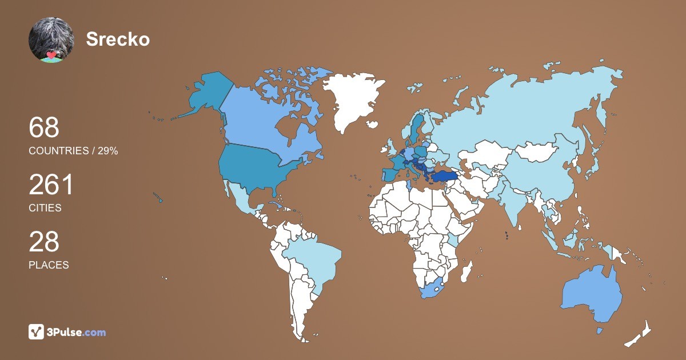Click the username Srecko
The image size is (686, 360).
[x=118, y=39]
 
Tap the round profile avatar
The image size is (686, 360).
[x=51, y=39]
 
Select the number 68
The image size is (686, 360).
[x=44, y=127]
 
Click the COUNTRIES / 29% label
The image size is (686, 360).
[x=73, y=151]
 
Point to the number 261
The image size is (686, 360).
[x=51, y=185]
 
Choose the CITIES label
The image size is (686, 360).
[x=45, y=208]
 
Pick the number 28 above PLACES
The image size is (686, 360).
[x=44, y=242]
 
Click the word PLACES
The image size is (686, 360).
[x=49, y=265]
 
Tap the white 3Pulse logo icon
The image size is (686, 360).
[x=37, y=332]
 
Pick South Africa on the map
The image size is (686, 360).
[x=433, y=289]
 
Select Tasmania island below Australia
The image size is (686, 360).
[x=600, y=331]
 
